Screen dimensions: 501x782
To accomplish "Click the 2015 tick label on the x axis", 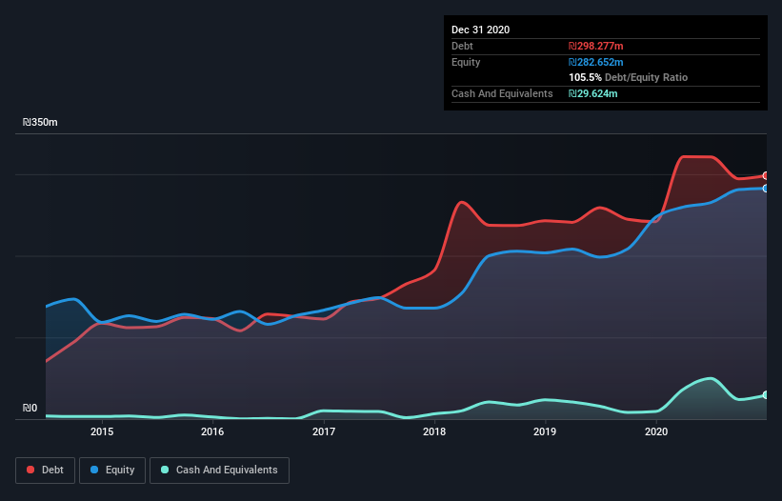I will click(x=102, y=432).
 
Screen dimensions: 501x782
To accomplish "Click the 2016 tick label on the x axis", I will click(x=212, y=432).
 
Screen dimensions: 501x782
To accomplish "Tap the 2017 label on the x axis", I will click(x=324, y=432).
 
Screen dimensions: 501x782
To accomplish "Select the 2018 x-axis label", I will click(x=434, y=432).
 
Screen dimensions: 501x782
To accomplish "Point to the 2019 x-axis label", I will click(x=545, y=432).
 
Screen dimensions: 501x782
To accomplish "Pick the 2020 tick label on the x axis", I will click(x=656, y=432).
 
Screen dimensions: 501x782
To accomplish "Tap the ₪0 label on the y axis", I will click(x=30, y=409).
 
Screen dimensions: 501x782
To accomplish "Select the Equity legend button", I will click(x=113, y=470).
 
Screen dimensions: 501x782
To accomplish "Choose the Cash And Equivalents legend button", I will click(x=219, y=470).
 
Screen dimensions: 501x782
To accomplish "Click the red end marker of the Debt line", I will click(x=766, y=176).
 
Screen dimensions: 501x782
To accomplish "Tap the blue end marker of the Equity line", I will click(x=766, y=189).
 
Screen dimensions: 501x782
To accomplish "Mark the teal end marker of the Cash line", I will click(x=766, y=395).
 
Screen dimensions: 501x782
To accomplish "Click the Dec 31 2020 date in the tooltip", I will click(x=480, y=30).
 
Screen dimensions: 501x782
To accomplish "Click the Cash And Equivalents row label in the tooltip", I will click(x=502, y=93).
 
